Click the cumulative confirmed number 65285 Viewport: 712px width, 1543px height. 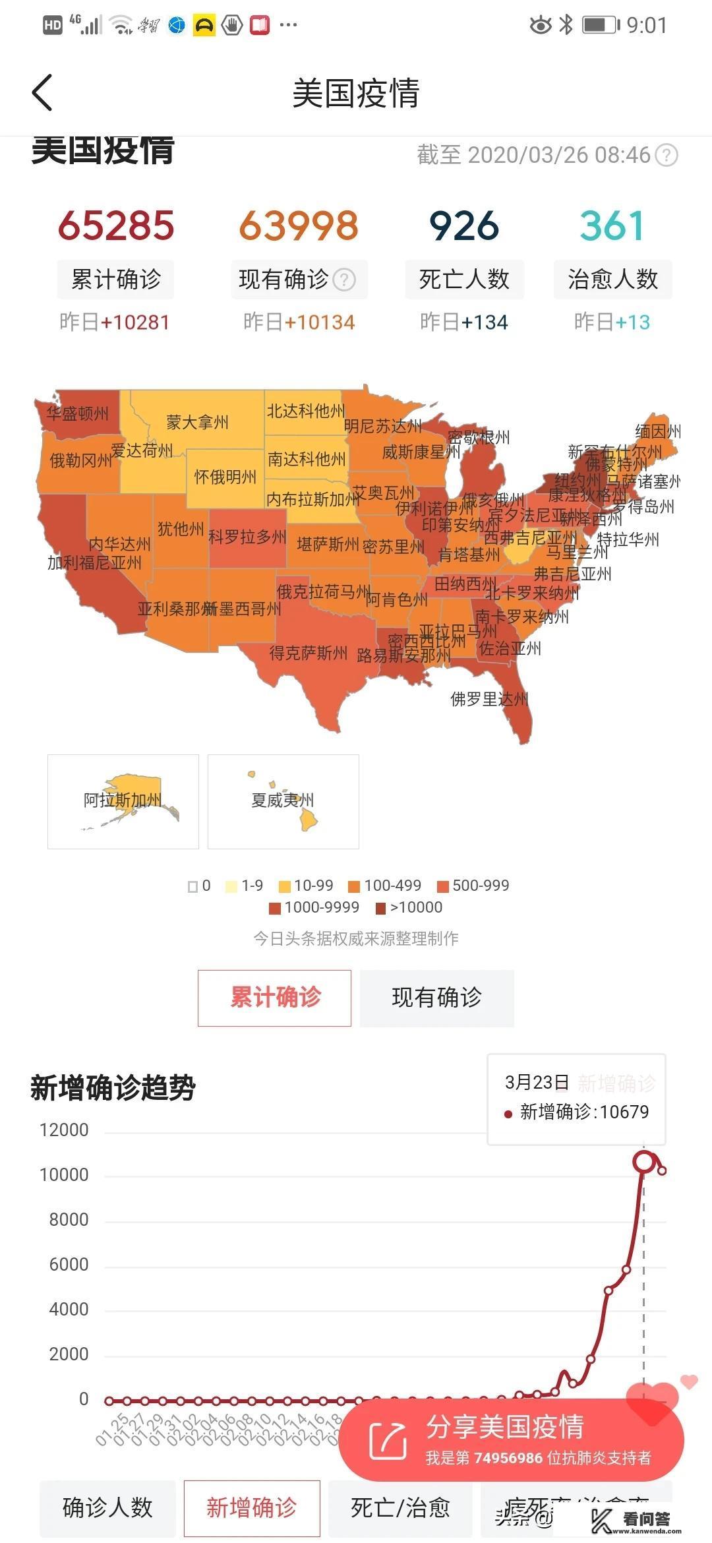116,226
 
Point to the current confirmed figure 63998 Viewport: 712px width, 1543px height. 299,226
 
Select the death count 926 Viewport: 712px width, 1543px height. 464,226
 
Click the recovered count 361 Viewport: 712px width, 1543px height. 612,226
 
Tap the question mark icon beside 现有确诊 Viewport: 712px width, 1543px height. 344,280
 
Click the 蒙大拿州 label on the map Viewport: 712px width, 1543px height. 197,422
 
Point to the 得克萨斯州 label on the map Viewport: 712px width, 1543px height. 308,653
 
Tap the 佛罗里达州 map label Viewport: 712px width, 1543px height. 489,699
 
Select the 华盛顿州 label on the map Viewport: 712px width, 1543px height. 77,413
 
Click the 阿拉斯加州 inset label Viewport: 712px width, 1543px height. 123,801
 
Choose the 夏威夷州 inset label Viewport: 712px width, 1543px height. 283,801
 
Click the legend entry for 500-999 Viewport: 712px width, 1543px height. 473,886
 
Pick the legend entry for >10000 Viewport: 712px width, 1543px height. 409,907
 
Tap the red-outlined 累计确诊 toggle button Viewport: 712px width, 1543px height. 274,998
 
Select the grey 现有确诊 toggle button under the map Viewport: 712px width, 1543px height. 436,998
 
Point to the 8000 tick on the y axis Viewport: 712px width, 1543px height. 69,1220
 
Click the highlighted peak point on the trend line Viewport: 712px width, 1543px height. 643,1161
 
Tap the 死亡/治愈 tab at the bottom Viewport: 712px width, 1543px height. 400,1507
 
